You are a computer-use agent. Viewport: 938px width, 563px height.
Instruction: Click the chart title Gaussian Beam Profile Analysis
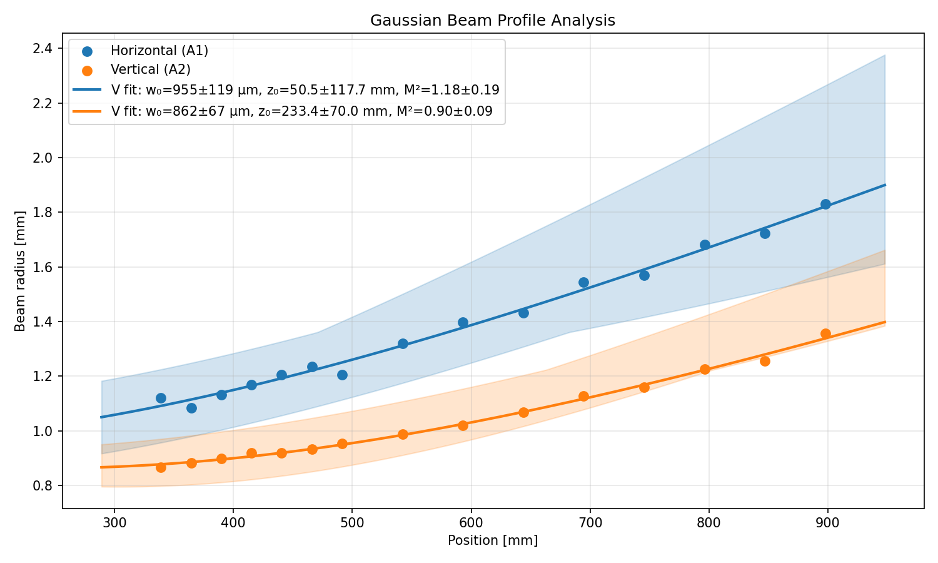pyautogui.click(x=492, y=21)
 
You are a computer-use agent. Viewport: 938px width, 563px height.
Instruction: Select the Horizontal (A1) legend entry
pyautogui.click(x=159, y=51)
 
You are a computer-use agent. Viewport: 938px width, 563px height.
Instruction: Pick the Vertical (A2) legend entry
pyautogui.click(x=150, y=69)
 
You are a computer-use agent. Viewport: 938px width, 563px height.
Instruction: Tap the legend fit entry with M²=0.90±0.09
pyautogui.click(x=301, y=111)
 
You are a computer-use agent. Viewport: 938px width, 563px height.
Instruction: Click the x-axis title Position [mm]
pyautogui.click(x=492, y=540)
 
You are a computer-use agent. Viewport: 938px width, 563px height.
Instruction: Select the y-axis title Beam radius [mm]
pyautogui.click(x=20, y=271)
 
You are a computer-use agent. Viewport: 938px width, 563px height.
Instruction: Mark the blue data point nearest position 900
pyautogui.click(x=825, y=204)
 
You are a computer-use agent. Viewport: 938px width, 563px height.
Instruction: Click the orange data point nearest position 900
pyautogui.click(x=825, y=333)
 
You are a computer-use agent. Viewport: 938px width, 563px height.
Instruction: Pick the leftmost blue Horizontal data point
pyautogui.click(x=161, y=398)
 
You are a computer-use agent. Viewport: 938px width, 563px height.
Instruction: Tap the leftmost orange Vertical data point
pyautogui.click(x=161, y=467)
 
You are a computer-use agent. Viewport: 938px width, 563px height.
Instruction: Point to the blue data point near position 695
pyautogui.click(x=583, y=282)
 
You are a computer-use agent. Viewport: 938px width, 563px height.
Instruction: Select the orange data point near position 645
pyautogui.click(x=523, y=412)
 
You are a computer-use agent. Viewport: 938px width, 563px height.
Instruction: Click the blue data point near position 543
pyautogui.click(x=403, y=343)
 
